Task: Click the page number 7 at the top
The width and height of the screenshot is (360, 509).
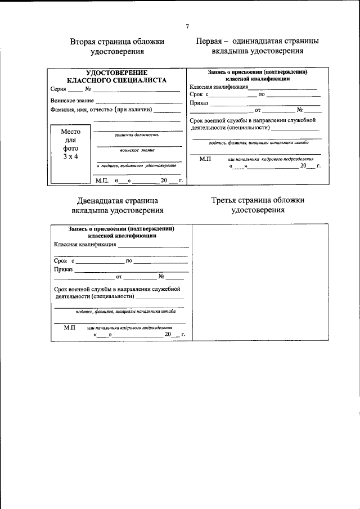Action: coord(187,26)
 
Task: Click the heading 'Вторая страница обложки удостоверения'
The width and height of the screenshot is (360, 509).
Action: coord(118,46)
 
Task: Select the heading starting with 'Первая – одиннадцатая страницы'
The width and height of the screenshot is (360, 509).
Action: coord(258,46)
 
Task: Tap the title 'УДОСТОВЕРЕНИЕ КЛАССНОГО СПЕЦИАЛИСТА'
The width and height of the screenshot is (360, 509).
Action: coord(116,76)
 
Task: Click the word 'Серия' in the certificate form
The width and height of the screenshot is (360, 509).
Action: coord(58,89)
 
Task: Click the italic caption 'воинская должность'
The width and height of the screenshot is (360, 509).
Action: coord(136,135)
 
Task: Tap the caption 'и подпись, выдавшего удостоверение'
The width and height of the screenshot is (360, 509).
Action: coord(137,166)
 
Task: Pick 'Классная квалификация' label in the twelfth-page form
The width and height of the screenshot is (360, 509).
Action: coord(85,245)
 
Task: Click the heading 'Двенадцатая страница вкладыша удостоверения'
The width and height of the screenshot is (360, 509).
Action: coord(118,205)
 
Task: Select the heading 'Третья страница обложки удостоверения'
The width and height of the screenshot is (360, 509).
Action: coord(258,205)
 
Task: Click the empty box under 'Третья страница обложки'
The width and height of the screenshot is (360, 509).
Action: coord(258,281)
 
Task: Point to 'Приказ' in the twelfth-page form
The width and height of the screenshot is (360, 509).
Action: coord(64,269)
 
